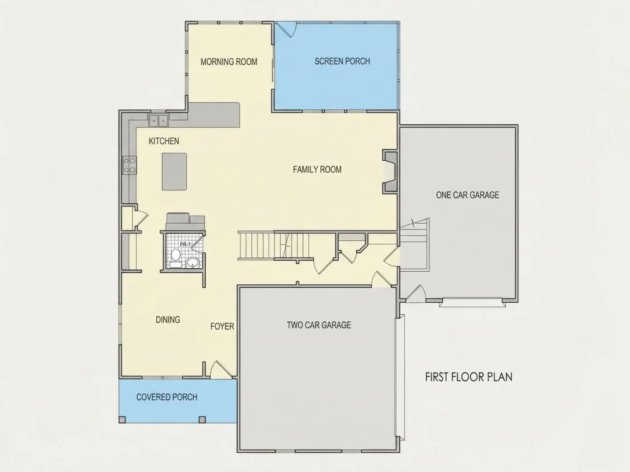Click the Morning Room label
(229, 62)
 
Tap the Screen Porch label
(342, 61)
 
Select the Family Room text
(317, 169)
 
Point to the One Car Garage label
(467, 195)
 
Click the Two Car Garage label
(318, 325)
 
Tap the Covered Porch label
(167, 397)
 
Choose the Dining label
(168, 319)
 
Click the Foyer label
(222, 326)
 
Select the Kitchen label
(164, 141)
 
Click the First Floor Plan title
(469, 377)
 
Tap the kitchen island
(174, 172)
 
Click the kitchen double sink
(158, 120)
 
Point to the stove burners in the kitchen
(129, 165)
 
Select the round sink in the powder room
(193, 263)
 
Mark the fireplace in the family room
(389, 172)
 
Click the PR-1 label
(185, 244)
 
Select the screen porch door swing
(286, 29)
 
